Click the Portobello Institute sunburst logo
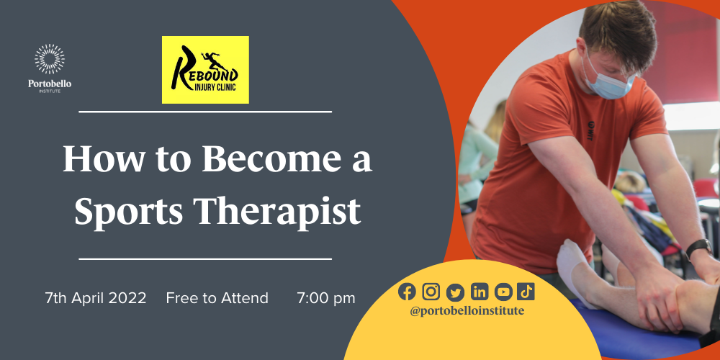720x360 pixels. tap(50, 60)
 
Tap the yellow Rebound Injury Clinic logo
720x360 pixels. tap(205, 70)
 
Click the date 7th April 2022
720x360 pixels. tap(96, 297)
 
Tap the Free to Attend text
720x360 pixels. tap(217, 297)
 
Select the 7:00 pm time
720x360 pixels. tap(326, 297)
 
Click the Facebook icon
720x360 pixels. tap(407, 291)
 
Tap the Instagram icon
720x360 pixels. tap(431, 291)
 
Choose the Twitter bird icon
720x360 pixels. tap(455, 291)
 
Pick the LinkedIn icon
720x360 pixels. tap(480, 291)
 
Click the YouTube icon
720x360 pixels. tap(503, 291)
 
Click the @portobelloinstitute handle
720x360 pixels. tap(467, 310)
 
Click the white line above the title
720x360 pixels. tap(205, 112)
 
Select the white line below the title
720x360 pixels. tap(205, 258)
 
